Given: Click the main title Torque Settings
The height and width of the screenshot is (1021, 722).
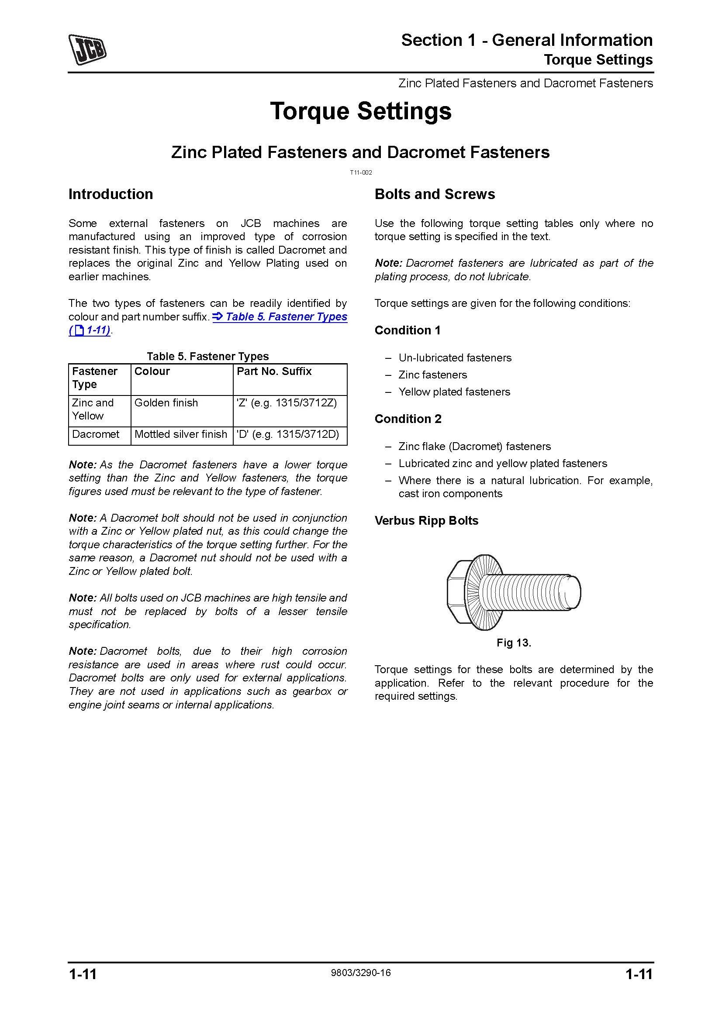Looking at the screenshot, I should [x=360, y=111].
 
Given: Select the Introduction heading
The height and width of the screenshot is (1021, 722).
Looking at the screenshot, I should [x=111, y=194].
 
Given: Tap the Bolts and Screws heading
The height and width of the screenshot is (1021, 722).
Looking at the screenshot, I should [x=435, y=194].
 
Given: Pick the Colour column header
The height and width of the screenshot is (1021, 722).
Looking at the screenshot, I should [x=152, y=371].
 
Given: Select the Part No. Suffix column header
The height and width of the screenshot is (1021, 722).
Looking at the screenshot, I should [x=274, y=371].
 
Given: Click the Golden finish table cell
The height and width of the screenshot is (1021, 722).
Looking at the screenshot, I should [x=166, y=403].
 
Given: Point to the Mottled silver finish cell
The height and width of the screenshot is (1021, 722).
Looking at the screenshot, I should [x=181, y=434].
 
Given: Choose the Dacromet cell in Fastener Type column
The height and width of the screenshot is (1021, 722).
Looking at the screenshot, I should [x=96, y=434].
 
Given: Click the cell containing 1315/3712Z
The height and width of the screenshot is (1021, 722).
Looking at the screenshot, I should [x=287, y=403].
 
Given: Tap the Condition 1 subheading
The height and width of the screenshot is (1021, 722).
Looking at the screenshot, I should [x=408, y=330].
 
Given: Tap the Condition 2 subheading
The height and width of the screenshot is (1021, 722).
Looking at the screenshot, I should [x=408, y=419].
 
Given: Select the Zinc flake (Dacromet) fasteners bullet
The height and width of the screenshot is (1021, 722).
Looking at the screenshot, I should [x=475, y=447].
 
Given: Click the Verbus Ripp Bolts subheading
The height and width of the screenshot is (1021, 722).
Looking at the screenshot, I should [x=426, y=521].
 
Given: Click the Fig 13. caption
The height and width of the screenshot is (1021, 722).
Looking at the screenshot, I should [x=514, y=643].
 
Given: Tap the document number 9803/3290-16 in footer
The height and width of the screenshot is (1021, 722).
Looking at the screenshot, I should [x=361, y=973].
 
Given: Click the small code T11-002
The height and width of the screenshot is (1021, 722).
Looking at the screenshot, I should [x=361, y=172].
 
